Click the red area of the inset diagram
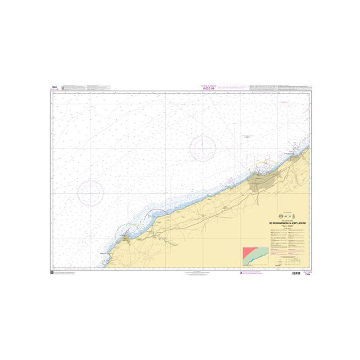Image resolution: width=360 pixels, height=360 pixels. (x=249, y=251)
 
